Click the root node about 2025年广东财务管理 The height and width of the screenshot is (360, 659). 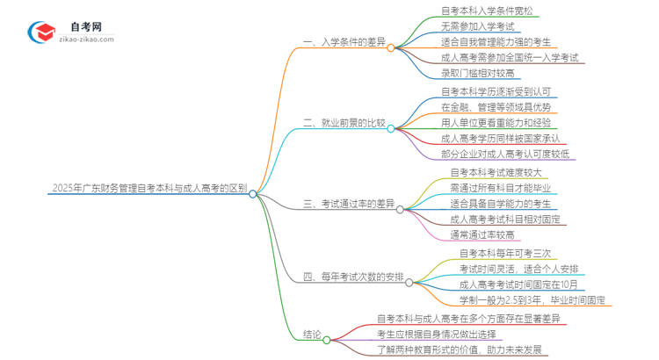coord(149,188)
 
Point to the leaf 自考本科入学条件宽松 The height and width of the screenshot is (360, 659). coord(486,11)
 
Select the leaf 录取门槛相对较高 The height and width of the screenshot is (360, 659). coord(480,73)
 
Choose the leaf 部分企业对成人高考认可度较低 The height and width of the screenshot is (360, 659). coord(505,154)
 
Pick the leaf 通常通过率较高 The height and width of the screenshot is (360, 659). coord(483,234)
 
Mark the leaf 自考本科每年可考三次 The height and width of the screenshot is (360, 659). coord(505,253)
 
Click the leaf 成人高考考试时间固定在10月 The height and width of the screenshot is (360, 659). coord(519,284)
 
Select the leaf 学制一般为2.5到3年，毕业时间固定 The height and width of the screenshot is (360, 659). coord(532,299)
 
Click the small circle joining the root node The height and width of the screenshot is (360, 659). coord(253,194)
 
